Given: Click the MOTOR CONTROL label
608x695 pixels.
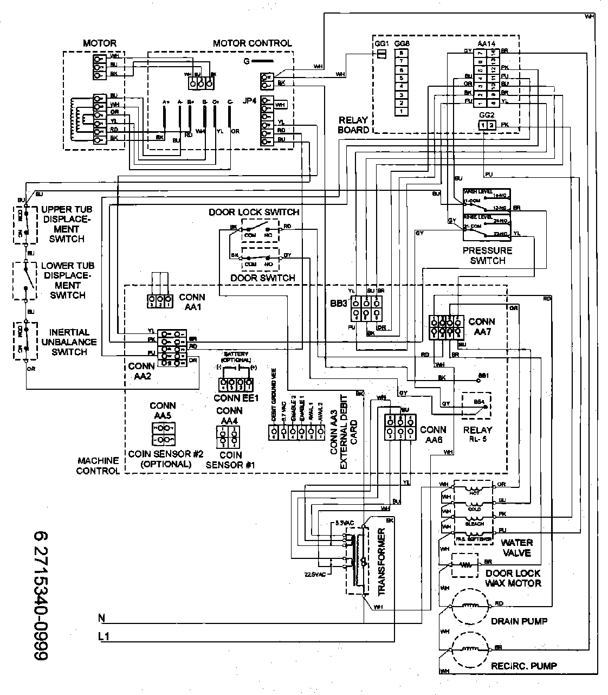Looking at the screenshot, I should click(252, 43).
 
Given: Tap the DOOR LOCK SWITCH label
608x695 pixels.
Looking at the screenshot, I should click(254, 212).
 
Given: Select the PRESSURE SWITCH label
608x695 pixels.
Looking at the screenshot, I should click(487, 255).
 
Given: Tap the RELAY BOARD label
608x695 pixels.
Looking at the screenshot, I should click(353, 125).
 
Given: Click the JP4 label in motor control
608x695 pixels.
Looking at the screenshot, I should click(250, 101).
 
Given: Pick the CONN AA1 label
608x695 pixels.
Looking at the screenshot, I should click(192, 301).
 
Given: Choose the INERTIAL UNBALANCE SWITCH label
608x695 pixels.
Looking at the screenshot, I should click(68, 342).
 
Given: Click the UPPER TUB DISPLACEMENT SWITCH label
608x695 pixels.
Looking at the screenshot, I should click(67, 224).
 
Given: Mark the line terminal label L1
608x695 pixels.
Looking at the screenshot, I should click(104, 637).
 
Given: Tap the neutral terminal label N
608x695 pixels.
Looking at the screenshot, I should click(101, 617).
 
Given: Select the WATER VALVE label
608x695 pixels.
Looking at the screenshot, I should click(516, 548).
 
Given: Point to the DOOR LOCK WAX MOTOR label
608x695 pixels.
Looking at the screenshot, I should click(513, 578).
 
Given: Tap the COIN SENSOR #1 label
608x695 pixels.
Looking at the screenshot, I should click(230, 460).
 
